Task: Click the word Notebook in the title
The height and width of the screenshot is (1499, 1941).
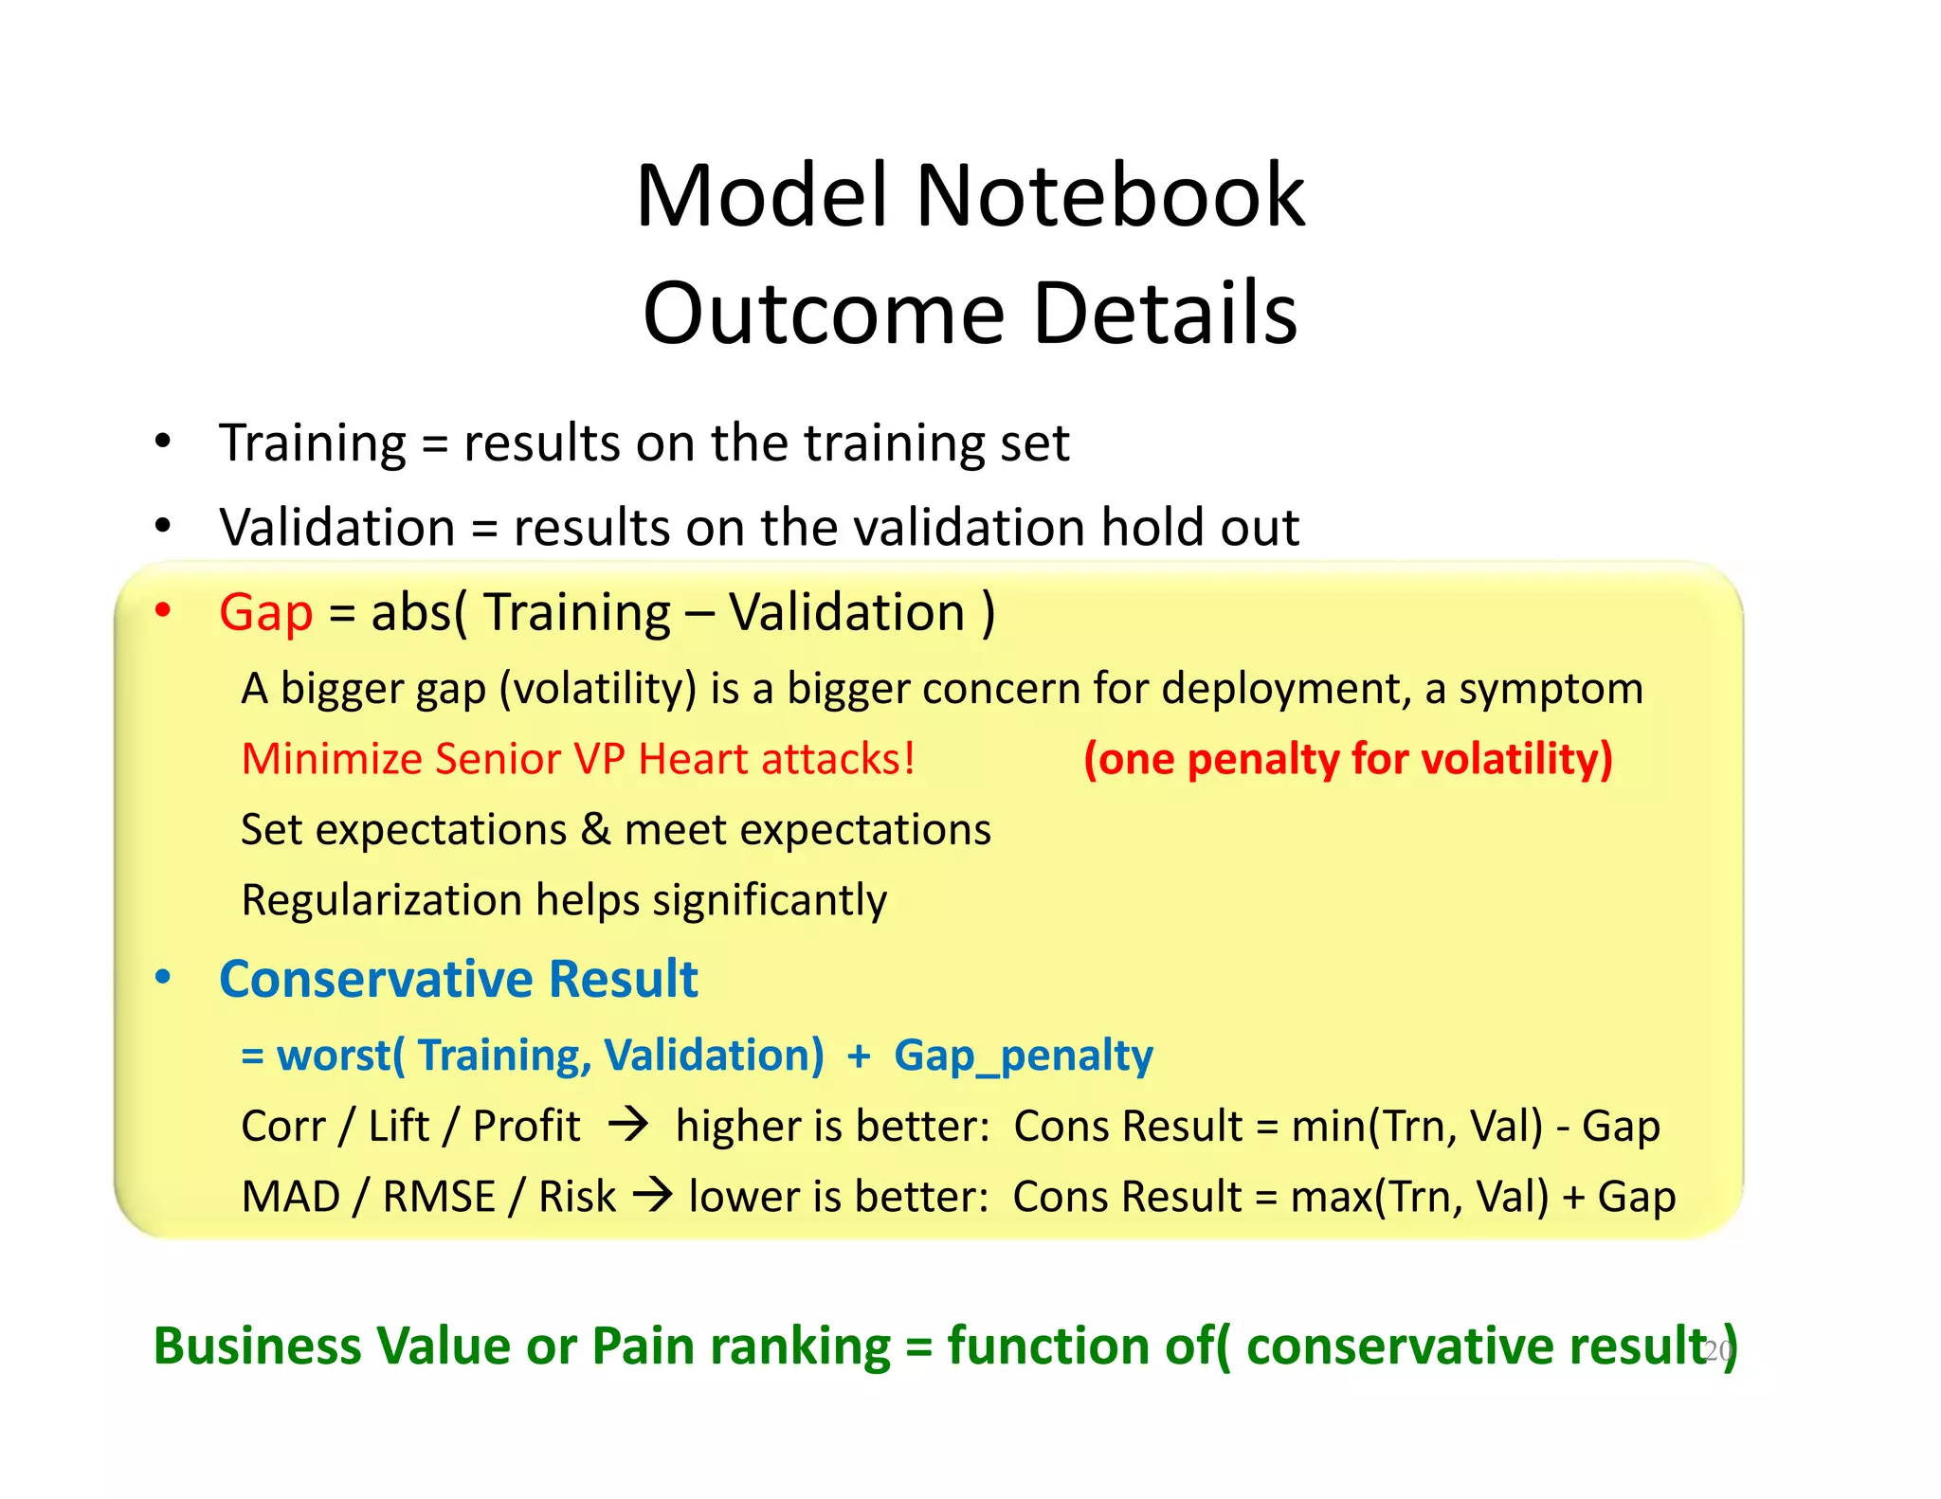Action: click(x=1109, y=196)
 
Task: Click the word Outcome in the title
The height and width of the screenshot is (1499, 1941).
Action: click(x=823, y=314)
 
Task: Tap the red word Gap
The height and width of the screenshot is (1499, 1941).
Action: click(x=265, y=612)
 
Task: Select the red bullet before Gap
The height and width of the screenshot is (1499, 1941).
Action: click(x=163, y=609)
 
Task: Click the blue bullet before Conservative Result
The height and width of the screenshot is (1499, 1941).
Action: click(x=163, y=977)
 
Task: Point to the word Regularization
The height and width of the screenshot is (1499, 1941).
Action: click(x=381, y=900)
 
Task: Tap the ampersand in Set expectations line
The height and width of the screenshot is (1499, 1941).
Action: click(x=595, y=829)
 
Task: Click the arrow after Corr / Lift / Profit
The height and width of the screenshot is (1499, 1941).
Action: click(x=628, y=1125)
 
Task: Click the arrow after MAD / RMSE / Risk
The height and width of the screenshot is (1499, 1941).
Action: click(x=652, y=1195)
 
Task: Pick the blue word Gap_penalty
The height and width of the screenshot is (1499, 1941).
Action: click(x=1023, y=1056)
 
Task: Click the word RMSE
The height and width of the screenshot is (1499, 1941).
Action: click(x=439, y=1197)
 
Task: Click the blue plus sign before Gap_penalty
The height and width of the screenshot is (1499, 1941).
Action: click(x=859, y=1056)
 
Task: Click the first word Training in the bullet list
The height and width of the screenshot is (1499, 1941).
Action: click(x=313, y=443)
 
